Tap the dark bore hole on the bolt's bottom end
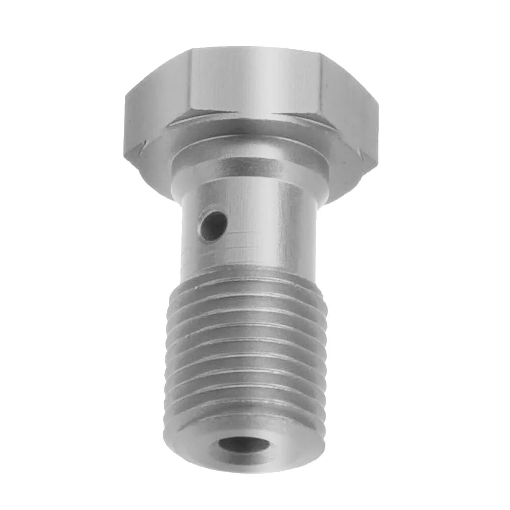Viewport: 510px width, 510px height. pos(244,445)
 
